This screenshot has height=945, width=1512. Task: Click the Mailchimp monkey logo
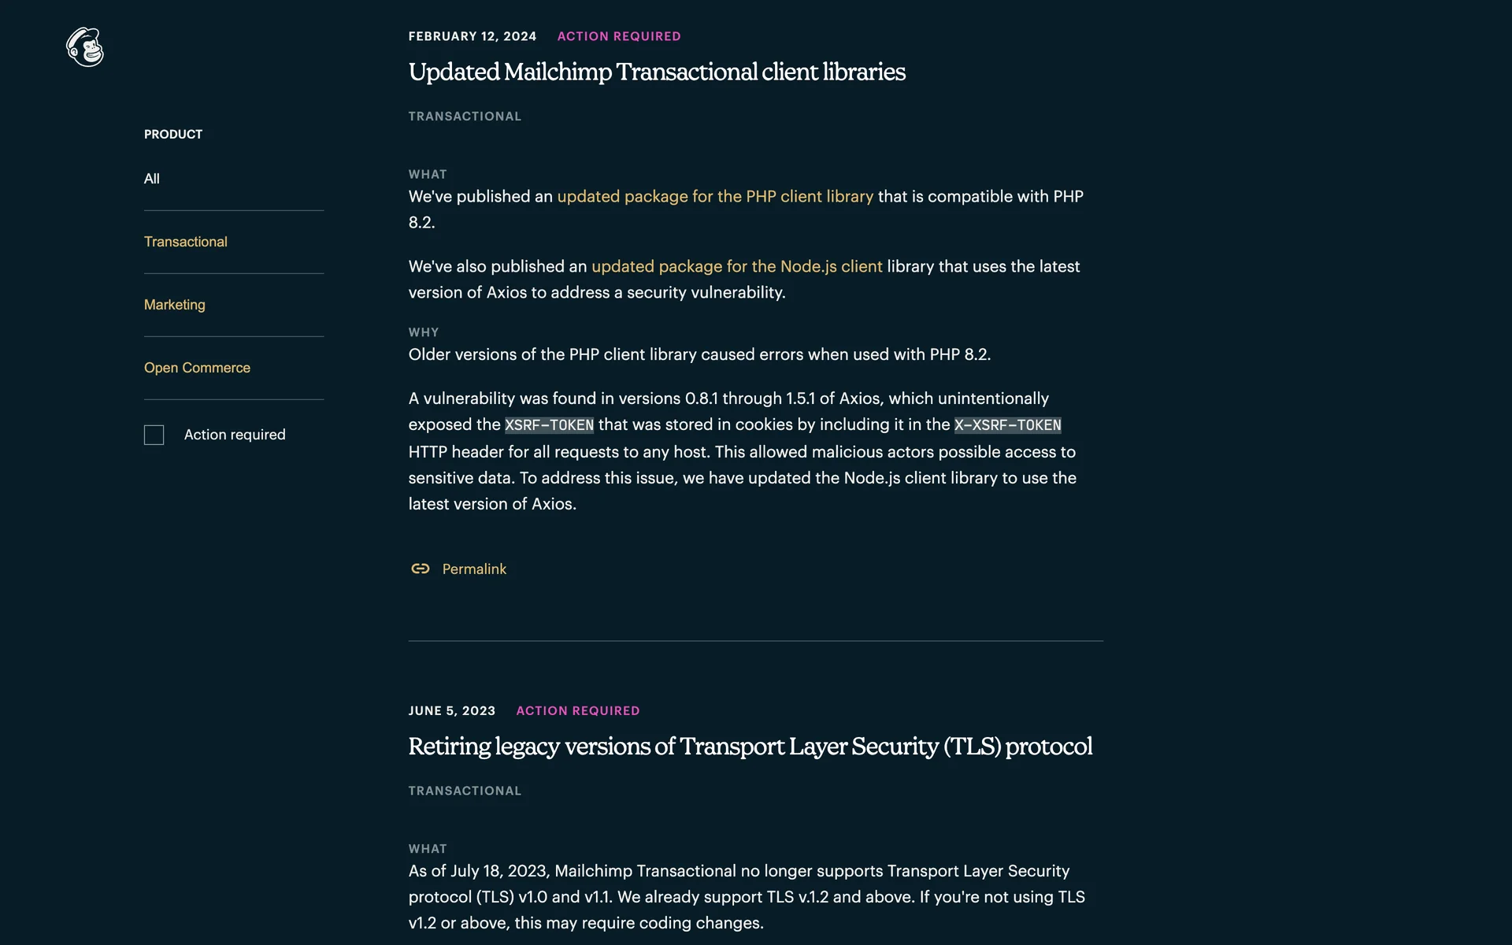click(x=85, y=47)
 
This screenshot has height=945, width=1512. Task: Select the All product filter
click(x=152, y=179)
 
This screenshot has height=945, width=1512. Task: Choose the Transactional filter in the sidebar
click(x=185, y=242)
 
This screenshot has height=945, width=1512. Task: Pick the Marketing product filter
click(x=174, y=305)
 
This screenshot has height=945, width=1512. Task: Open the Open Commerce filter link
click(x=197, y=368)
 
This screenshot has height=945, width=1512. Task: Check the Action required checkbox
click(x=154, y=435)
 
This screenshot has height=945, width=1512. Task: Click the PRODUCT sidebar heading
click(x=173, y=135)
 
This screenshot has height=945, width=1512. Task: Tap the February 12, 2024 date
click(x=472, y=36)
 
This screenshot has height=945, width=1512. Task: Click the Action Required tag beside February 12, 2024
click(x=619, y=36)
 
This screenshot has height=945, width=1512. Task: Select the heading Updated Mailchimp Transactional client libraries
click(x=657, y=72)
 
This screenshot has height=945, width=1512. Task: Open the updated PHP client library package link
click(x=715, y=196)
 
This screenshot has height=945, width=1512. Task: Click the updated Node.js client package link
click(x=736, y=266)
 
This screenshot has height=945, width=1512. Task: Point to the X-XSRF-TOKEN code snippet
click(x=1007, y=425)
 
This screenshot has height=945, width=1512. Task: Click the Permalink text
click(x=474, y=569)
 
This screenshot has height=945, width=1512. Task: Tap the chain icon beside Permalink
click(x=421, y=569)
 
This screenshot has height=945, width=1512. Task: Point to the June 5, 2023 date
click(x=452, y=710)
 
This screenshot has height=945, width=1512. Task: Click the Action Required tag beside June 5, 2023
click(x=578, y=710)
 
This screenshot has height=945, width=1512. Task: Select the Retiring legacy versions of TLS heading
click(x=750, y=746)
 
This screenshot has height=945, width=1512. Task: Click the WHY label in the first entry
click(x=424, y=332)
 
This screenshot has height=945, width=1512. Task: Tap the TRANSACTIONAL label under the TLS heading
click(x=465, y=791)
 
